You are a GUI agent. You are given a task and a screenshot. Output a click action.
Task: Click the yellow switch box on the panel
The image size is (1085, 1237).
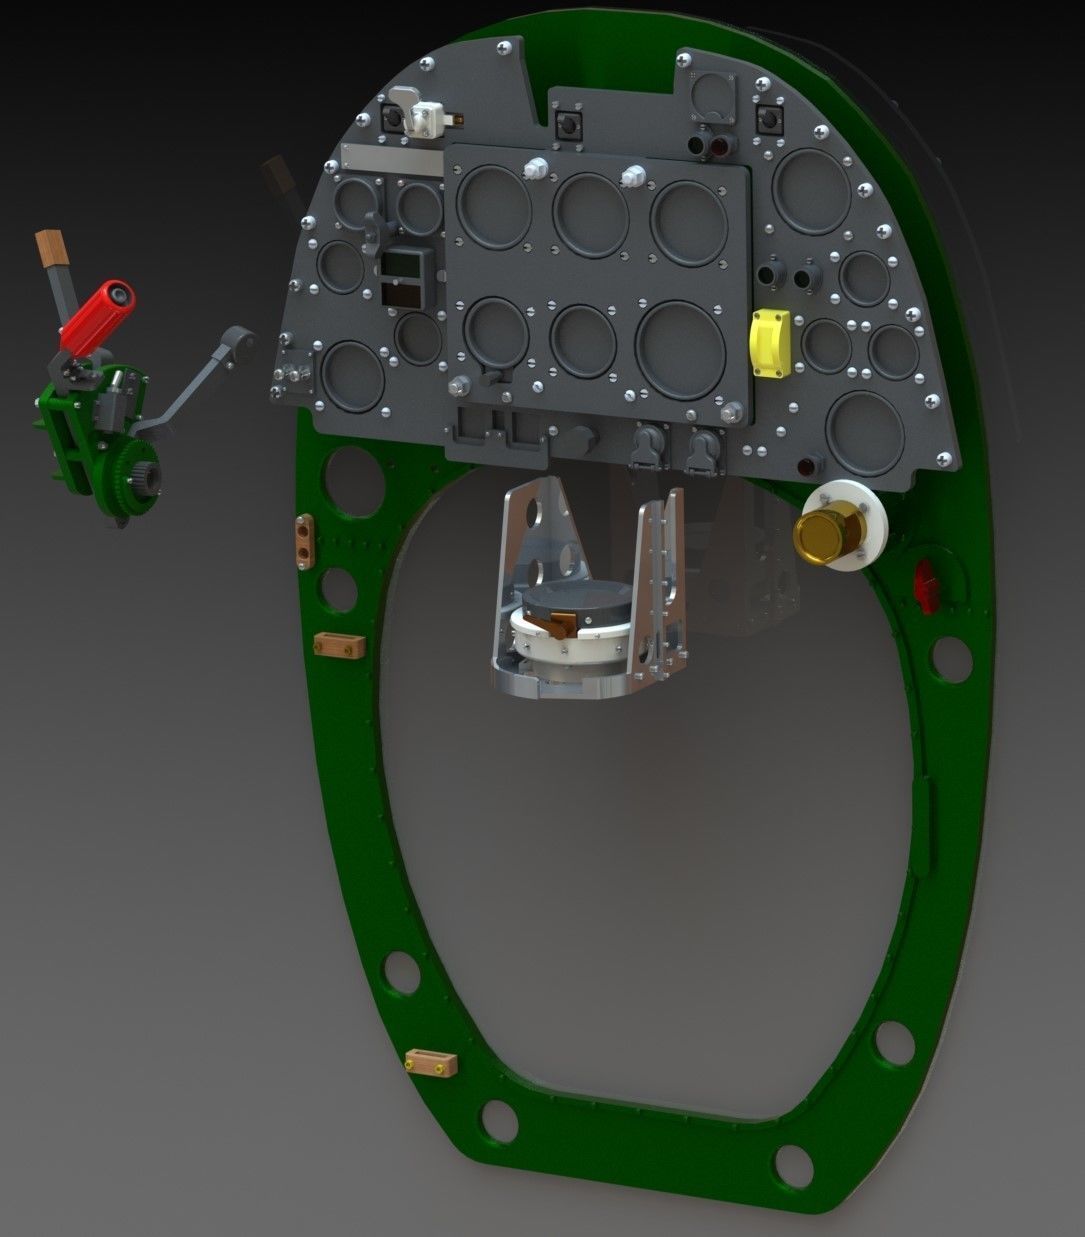[770, 343]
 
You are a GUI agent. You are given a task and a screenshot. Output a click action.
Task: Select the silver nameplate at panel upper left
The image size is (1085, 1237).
[391, 158]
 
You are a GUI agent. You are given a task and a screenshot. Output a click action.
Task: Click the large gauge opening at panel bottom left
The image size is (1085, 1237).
[353, 377]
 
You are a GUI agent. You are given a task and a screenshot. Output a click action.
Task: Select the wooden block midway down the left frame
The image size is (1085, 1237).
[337, 645]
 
